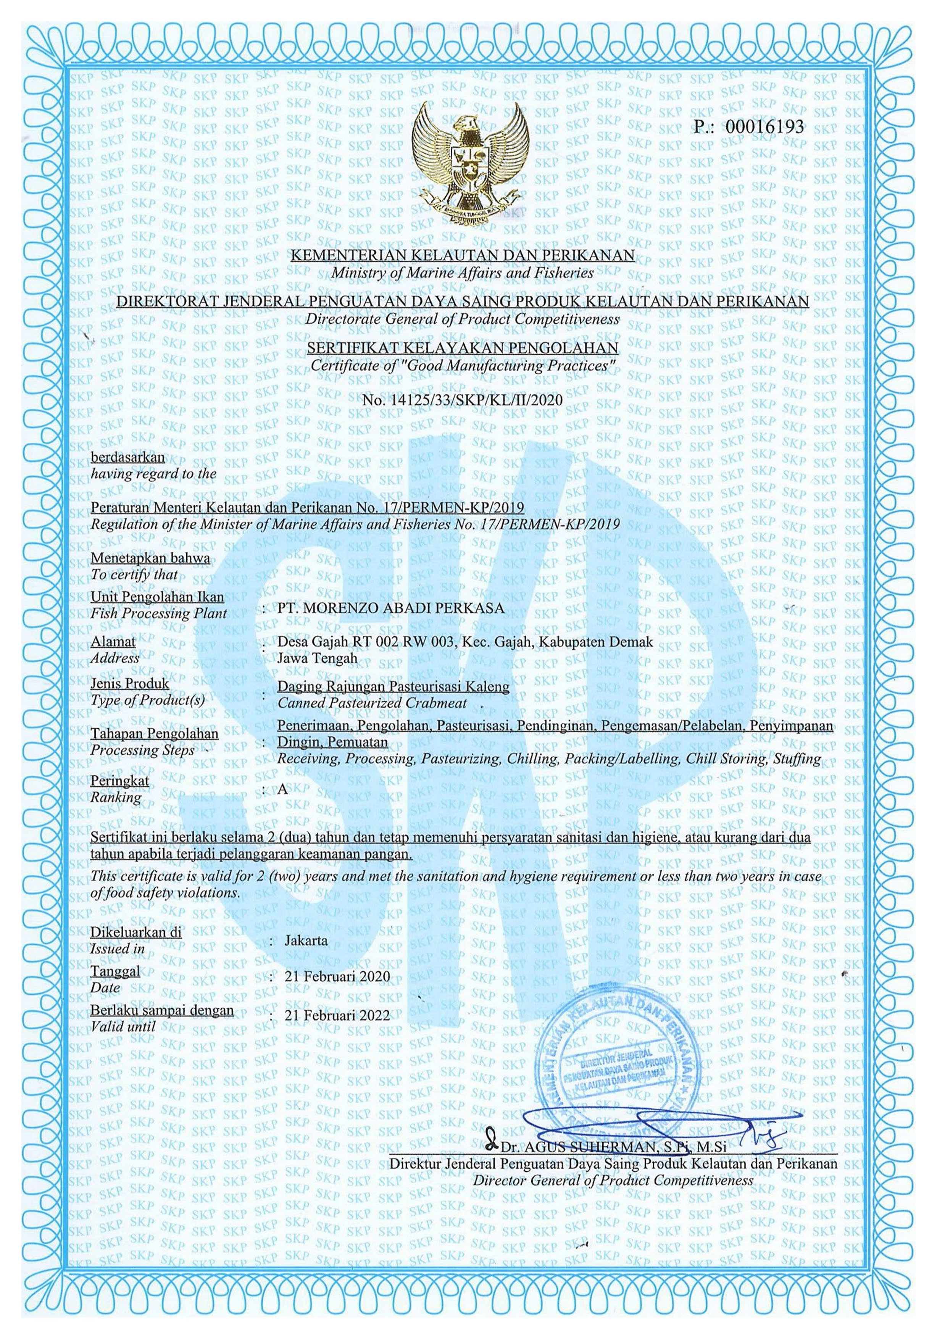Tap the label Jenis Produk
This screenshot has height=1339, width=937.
point(129,683)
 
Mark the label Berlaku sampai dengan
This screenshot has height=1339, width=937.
point(161,1010)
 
